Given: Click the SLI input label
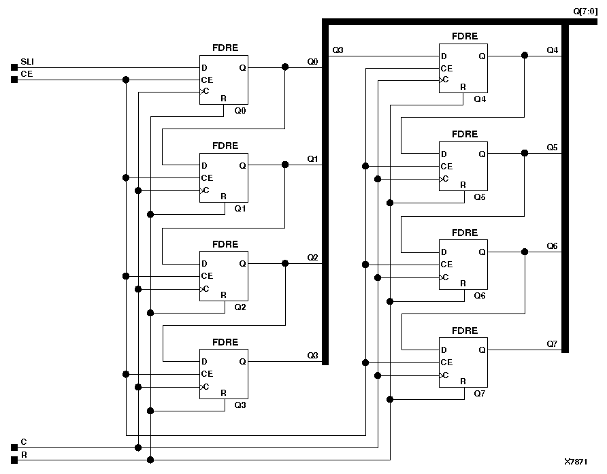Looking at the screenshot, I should [x=28, y=61].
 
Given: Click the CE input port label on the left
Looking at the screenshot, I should [x=27, y=73].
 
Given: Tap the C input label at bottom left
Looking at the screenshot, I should [x=24, y=441].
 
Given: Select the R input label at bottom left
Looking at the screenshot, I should [x=24, y=454].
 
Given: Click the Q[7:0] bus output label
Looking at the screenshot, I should [x=585, y=10].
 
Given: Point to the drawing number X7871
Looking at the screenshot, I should [x=576, y=460].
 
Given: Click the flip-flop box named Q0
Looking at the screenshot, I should [x=224, y=80].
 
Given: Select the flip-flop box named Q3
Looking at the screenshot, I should [x=224, y=373].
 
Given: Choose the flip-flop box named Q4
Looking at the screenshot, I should [x=463, y=67].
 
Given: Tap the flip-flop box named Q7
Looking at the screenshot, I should [x=463, y=362].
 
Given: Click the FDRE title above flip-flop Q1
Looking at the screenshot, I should [x=225, y=146].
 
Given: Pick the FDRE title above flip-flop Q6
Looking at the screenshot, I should [x=465, y=233].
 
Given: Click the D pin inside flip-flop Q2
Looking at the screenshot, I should [x=204, y=264].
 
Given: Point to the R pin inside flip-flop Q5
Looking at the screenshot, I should [x=463, y=185].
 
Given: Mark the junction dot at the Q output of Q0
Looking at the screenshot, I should [x=284, y=67].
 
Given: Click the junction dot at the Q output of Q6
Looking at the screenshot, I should [x=524, y=252].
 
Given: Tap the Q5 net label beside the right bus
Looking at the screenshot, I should [x=552, y=148].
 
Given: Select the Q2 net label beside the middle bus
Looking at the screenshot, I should [x=312, y=258].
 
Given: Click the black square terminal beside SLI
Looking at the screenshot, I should [x=14, y=67].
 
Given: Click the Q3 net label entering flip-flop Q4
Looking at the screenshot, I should [x=338, y=50].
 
